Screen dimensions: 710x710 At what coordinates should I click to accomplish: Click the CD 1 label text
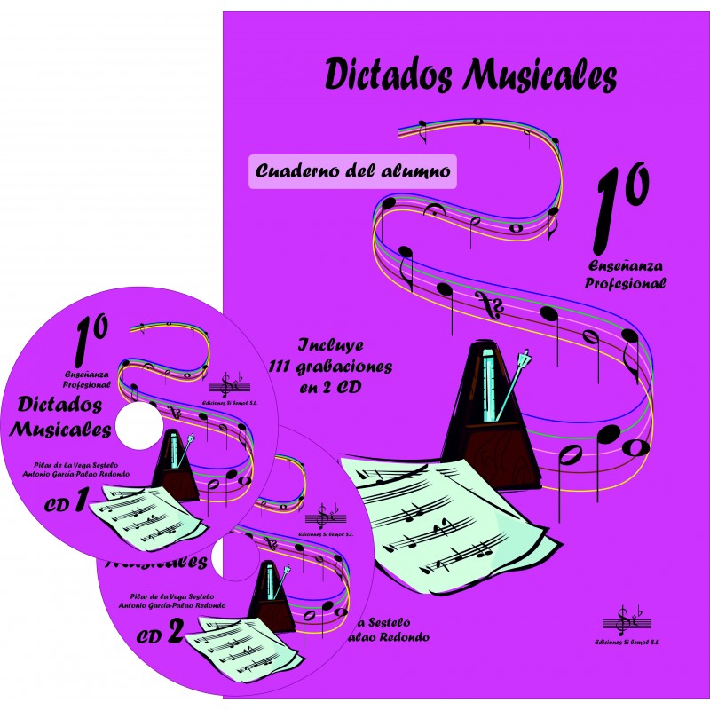click(66, 504)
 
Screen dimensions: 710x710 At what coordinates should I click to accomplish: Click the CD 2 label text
click(161, 633)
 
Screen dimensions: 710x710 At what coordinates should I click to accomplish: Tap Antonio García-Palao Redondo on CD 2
click(172, 605)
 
